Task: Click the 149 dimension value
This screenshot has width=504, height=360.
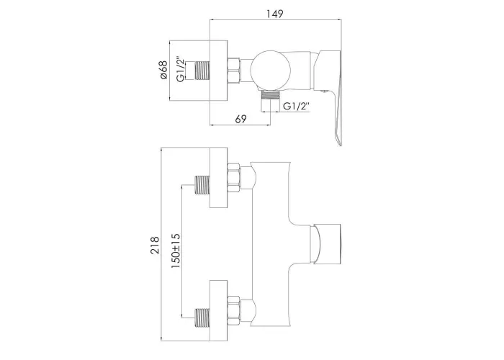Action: [x=275, y=14]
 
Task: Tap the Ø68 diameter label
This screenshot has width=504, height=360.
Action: [x=163, y=70]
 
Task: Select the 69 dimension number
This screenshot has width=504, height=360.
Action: [x=240, y=119]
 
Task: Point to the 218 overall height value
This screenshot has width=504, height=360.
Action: [x=155, y=246]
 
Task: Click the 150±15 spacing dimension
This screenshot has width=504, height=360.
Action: [x=176, y=251]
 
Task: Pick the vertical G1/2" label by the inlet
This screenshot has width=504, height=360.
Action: [x=181, y=70]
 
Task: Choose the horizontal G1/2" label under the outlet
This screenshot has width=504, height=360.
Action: [x=296, y=106]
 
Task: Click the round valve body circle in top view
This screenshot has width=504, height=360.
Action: [x=271, y=70]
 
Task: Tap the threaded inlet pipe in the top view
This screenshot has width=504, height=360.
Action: [x=202, y=70]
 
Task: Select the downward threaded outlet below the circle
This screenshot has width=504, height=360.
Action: [x=270, y=96]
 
